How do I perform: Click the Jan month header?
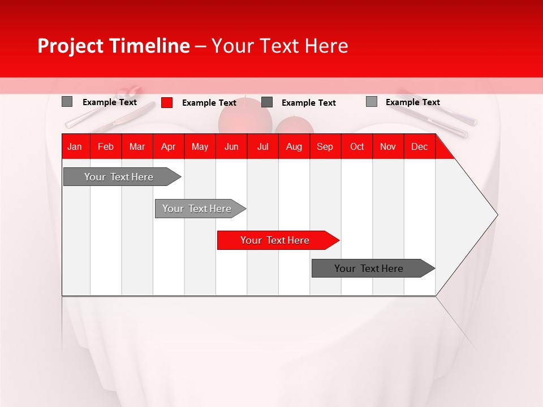click(x=75, y=146)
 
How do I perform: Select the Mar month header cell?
click(x=137, y=146)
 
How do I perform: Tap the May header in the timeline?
click(x=200, y=146)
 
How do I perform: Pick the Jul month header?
click(x=262, y=146)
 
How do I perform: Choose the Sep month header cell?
click(x=325, y=146)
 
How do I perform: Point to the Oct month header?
click(x=357, y=146)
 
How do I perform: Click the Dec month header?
click(x=419, y=146)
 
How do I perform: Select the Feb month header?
click(x=106, y=146)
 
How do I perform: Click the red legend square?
click(x=167, y=102)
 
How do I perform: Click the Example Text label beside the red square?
click(x=209, y=103)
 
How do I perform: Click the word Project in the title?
click(x=71, y=46)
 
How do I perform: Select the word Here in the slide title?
click(x=326, y=46)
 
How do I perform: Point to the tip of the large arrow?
click(x=496, y=215)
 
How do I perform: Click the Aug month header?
click(x=294, y=146)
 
